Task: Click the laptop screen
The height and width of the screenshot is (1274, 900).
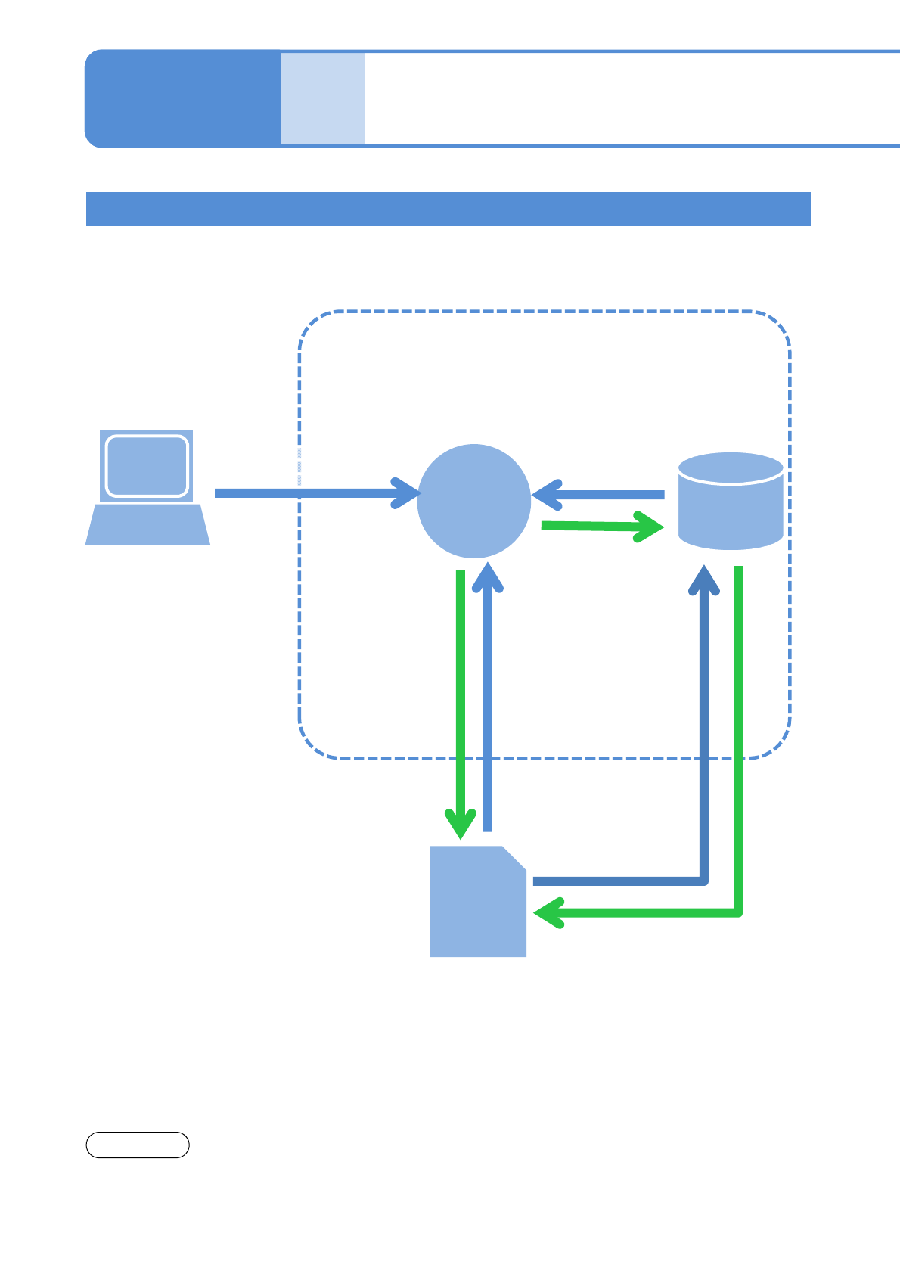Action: (x=147, y=465)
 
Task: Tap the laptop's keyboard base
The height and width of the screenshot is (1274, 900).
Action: (x=147, y=525)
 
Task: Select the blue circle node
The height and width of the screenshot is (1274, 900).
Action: (x=474, y=501)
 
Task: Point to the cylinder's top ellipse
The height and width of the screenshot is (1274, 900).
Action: (x=731, y=468)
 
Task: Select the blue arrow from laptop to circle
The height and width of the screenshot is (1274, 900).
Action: (x=303, y=493)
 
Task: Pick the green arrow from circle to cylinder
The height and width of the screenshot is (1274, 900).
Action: (x=597, y=526)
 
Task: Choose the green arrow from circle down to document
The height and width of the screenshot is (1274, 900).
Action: (x=460, y=696)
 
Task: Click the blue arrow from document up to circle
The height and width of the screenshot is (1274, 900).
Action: (x=488, y=696)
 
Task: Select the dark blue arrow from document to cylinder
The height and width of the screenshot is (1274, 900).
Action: (x=704, y=757)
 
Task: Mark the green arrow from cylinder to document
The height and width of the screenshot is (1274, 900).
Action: (x=738, y=757)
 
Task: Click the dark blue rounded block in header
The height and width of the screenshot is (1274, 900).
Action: (x=182, y=98)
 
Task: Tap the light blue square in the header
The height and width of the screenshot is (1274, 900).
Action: (x=323, y=98)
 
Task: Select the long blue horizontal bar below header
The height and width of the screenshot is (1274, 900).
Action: (x=448, y=209)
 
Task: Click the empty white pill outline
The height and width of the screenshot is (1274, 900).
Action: (x=137, y=1145)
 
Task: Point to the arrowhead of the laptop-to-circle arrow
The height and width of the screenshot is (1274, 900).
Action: (x=406, y=493)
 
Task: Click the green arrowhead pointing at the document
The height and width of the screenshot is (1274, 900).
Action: (x=549, y=913)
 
